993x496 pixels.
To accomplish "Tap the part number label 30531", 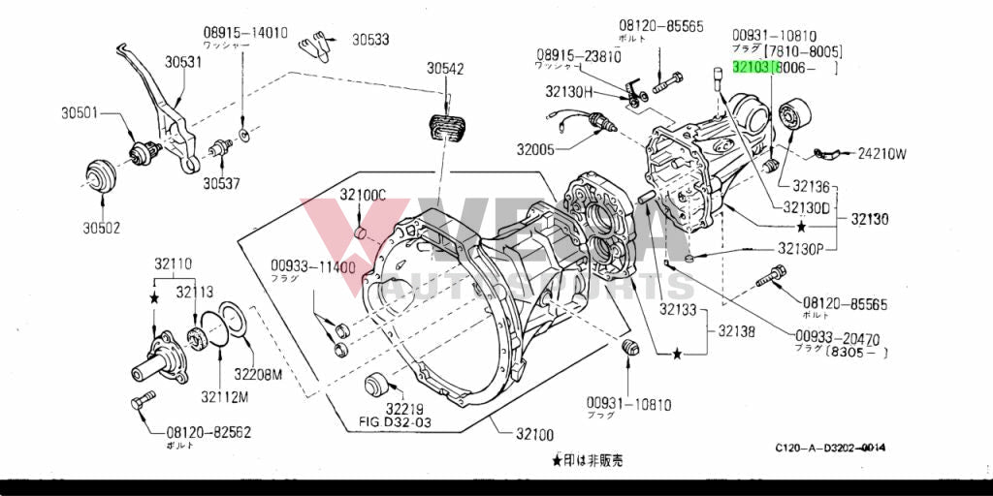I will (x=183, y=62).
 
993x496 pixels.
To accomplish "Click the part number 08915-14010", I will (x=245, y=32).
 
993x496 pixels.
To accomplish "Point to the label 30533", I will (x=370, y=40).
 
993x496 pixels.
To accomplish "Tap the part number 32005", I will (x=535, y=149).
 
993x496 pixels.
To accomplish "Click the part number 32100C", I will (x=363, y=195).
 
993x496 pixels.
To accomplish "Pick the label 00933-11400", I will (x=313, y=266).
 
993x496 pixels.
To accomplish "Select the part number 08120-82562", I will (x=208, y=432).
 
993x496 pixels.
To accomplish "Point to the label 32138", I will (x=737, y=330).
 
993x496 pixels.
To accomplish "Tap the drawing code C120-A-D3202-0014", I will (x=830, y=448).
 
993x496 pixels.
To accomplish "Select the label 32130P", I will (x=799, y=248).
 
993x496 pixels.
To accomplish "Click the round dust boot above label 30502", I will (x=102, y=176).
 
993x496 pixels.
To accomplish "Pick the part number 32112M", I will (x=225, y=395).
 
